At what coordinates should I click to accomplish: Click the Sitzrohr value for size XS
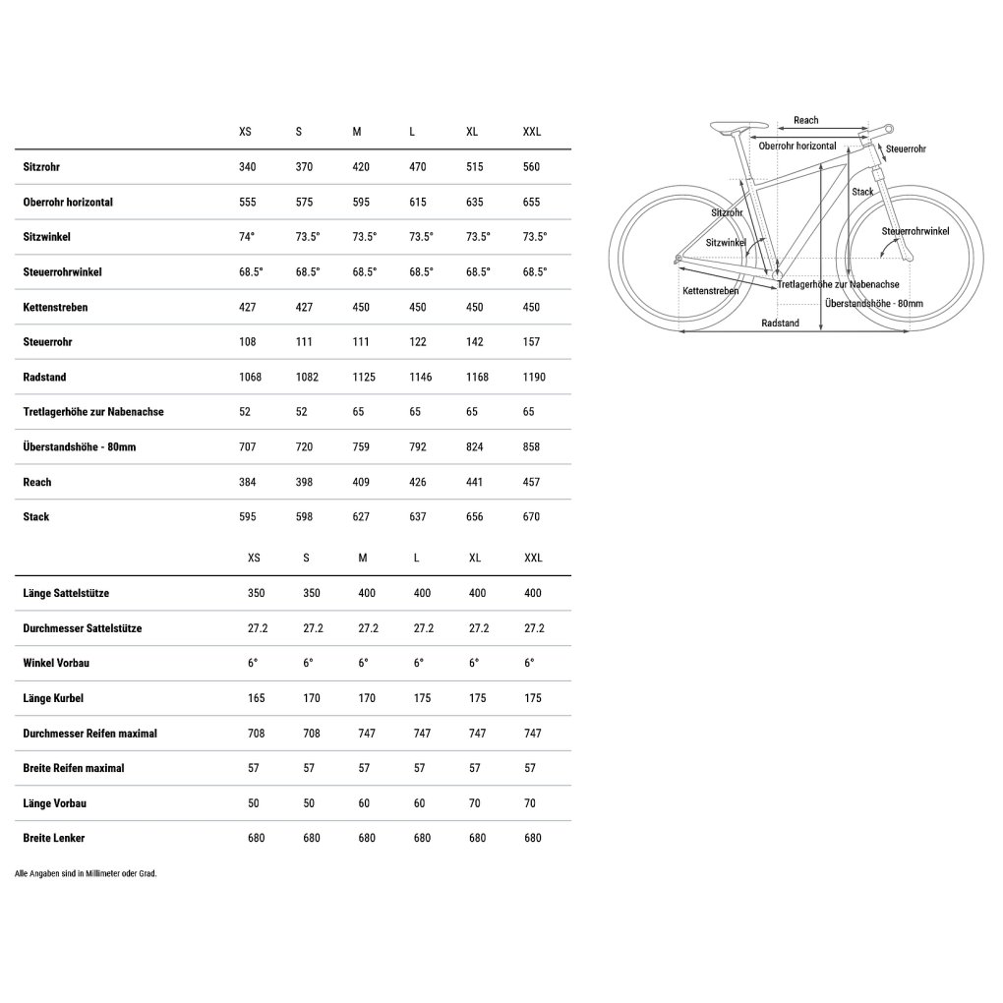click(x=247, y=167)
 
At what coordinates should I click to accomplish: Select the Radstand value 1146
click(x=421, y=377)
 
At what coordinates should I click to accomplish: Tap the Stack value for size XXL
click(x=532, y=517)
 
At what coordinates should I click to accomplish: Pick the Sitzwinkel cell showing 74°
click(x=247, y=237)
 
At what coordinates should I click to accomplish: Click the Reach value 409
click(x=361, y=482)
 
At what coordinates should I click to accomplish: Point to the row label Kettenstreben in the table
click(x=55, y=307)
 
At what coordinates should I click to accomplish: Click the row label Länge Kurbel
click(x=53, y=698)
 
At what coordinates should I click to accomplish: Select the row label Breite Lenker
click(x=54, y=838)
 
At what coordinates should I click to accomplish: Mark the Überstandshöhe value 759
click(x=361, y=446)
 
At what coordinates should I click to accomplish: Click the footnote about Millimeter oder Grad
click(x=87, y=873)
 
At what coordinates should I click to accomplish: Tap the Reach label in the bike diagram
click(x=805, y=120)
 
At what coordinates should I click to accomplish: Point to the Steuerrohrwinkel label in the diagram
click(x=914, y=231)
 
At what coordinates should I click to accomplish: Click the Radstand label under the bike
click(x=780, y=323)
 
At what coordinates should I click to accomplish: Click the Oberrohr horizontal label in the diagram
click(x=797, y=146)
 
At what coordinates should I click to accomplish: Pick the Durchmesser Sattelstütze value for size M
click(x=368, y=628)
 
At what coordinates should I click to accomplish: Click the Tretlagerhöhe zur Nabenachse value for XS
click(x=245, y=412)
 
